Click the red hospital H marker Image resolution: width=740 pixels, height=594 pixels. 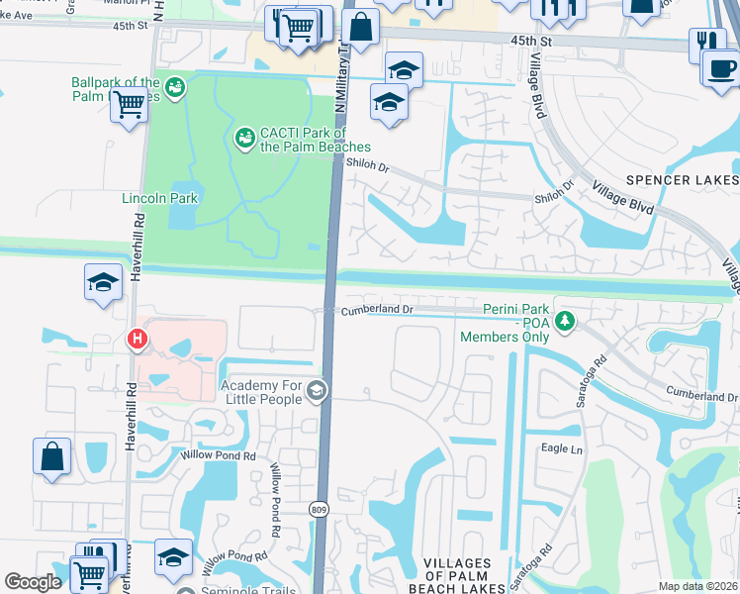point(138,340)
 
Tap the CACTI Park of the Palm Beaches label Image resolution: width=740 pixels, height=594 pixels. point(302,140)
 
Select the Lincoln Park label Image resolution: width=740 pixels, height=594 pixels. point(160,198)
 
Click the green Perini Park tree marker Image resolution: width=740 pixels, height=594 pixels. point(564,321)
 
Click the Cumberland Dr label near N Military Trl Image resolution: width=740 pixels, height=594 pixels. point(377,309)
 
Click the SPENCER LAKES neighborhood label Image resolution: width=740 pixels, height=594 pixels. point(682,180)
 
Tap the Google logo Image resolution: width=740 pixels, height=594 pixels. point(34,582)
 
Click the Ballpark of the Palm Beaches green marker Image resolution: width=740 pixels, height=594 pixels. point(175,87)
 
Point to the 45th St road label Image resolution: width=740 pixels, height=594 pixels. point(530,41)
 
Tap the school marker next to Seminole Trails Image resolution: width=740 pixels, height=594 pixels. point(173,557)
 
